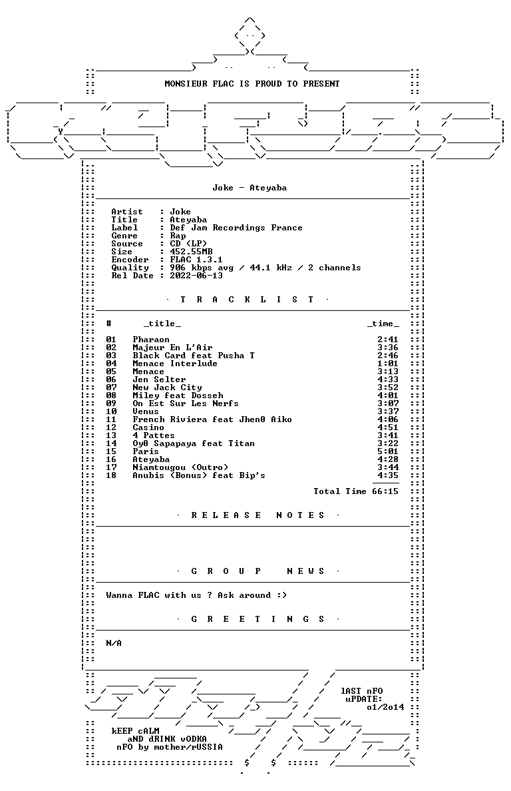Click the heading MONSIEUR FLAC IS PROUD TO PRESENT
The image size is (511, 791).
[x=252, y=84]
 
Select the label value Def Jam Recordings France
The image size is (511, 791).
[x=236, y=228]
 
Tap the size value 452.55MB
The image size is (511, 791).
[x=191, y=252]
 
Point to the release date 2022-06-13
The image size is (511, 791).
[x=196, y=276]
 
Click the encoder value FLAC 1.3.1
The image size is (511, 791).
[x=196, y=260]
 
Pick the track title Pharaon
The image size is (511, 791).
[x=150, y=340]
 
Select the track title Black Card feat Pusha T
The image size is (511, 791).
[x=194, y=356]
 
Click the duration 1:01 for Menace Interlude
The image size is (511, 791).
[x=387, y=364]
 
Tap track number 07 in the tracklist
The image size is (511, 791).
[x=111, y=388]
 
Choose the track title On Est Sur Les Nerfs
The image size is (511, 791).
[x=186, y=403]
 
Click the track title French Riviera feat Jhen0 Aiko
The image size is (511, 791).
[x=212, y=419]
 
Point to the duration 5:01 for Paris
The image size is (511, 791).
[x=387, y=451]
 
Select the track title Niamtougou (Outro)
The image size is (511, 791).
[x=180, y=467]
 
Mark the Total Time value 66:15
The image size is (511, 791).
[x=385, y=491]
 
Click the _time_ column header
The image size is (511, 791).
[x=383, y=324]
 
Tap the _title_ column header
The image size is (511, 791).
[x=162, y=324]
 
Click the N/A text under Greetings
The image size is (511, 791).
[x=114, y=643]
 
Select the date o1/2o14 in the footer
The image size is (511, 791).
[x=385, y=707]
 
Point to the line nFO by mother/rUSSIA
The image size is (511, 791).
[x=169, y=747]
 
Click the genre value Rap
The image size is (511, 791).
[x=178, y=236]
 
